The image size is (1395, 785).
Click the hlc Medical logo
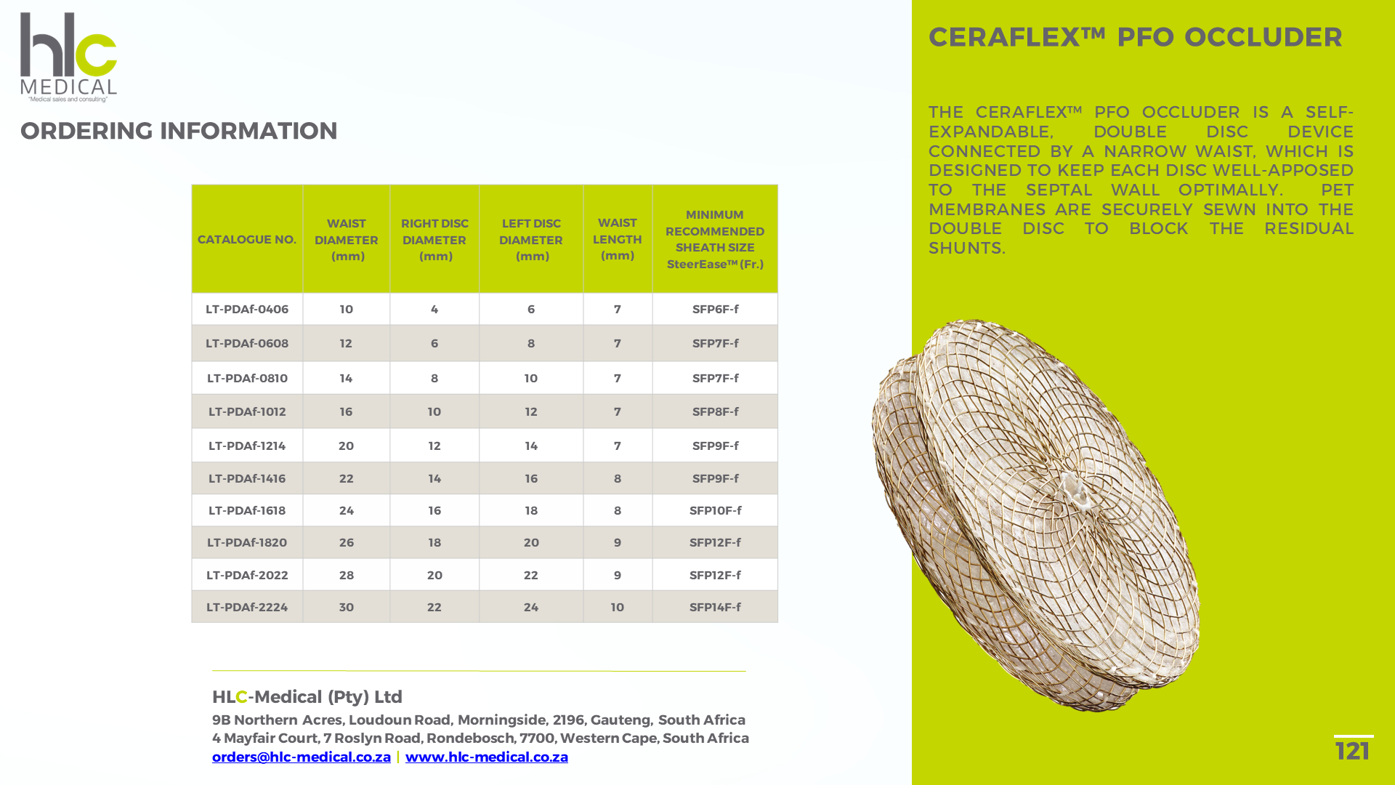pyautogui.click(x=68, y=57)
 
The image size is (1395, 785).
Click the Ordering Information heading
pyautogui.click(x=179, y=131)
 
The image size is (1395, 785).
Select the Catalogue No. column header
pyautogui.click(x=247, y=239)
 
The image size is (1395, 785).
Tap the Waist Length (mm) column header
pyautogui.click(x=618, y=239)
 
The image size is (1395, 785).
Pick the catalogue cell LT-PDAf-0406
pyautogui.click(x=247, y=309)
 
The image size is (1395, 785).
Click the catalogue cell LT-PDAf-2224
pyautogui.click(x=247, y=607)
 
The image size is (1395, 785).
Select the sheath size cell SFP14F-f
pyautogui.click(x=715, y=607)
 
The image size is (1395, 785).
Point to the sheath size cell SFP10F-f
pyautogui.click(x=715, y=510)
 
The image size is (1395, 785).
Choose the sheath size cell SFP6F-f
pyautogui.click(x=715, y=309)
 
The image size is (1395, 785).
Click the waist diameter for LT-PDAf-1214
pyautogui.click(x=346, y=446)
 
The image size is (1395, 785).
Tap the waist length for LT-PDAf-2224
pyautogui.click(x=618, y=607)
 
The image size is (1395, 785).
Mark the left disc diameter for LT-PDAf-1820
pyautogui.click(x=531, y=542)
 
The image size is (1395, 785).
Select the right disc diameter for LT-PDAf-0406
pyautogui.click(x=434, y=309)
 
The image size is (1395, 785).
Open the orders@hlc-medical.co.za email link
pyautogui.click(x=302, y=757)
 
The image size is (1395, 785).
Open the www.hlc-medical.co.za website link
pyautogui.click(x=487, y=757)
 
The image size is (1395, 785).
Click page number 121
pyautogui.click(x=1353, y=751)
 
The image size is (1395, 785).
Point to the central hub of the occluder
pyautogui.click(x=1073, y=491)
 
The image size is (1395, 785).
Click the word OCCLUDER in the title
pyautogui.click(x=1263, y=37)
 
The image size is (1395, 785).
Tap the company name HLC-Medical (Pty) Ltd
pyautogui.click(x=307, y=697)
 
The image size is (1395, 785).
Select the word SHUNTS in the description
pyautogui.click(x=967, y=248)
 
